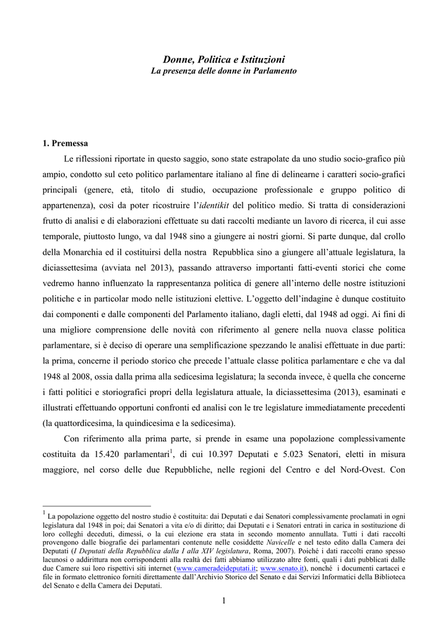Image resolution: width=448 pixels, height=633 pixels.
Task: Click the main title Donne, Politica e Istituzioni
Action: pos(224,59)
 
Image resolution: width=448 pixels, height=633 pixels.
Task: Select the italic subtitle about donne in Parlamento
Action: pos(224,71)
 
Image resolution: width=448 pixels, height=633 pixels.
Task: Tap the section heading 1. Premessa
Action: pos(65,143)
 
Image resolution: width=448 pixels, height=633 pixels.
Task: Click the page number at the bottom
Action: pos(224,600)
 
